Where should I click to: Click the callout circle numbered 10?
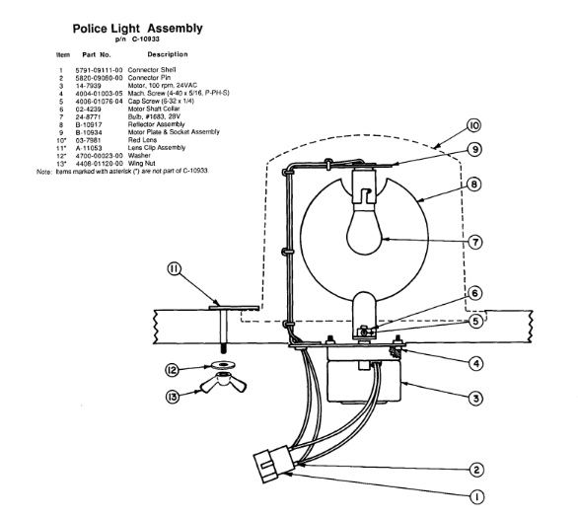point(474,125)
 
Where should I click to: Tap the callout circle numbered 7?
point(475,243)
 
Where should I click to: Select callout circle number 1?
point(477,496)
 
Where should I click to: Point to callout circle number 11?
point(175,269)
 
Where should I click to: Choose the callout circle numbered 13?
point(173,398)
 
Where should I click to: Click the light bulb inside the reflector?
point(365,229)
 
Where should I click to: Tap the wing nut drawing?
point(223,383)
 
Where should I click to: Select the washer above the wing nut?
point(223,365)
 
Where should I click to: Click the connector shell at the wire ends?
point(273,464)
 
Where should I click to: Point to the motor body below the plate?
point(364,380)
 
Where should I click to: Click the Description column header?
point(168,54)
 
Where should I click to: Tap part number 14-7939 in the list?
point(88,86)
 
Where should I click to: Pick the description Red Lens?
point(142,140)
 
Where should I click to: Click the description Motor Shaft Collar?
point(154,109)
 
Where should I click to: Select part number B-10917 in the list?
point(89,124)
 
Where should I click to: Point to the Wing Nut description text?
point(142,164)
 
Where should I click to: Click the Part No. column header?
point(97,55)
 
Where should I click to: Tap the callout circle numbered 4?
point(475,364)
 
